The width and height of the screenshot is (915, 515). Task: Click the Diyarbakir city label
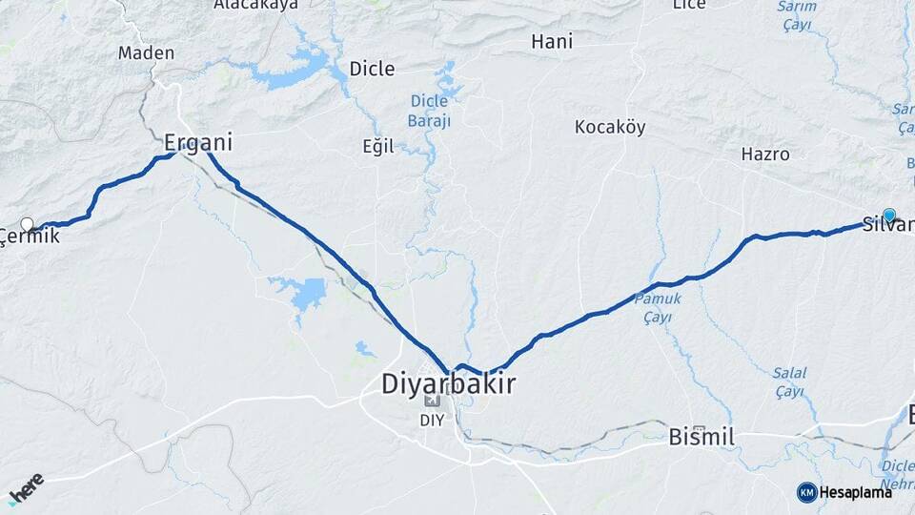click(448, 384)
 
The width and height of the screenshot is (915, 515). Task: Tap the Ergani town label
click(198, 143)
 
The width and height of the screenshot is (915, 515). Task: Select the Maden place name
click(146, 52)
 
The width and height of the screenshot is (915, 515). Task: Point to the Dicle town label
click(372, 68)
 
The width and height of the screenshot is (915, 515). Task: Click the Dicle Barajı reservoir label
click(430, 110)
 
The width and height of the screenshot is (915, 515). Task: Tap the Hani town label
click(551, 41)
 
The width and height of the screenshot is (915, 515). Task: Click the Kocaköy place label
click(610, 127)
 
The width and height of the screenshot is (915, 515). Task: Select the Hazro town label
click(765, 154)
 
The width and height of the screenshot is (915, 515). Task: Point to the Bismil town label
click(701, 438)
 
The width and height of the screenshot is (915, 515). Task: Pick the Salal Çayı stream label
click(789, 381)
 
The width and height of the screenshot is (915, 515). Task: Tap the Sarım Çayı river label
click(797, 14)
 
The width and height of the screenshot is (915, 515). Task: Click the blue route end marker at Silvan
click(889, 216)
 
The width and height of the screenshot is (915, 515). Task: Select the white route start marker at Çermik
click(27, 225)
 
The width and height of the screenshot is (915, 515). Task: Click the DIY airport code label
click(432, 419)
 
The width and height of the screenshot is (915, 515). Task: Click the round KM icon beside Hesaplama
click(806, 492)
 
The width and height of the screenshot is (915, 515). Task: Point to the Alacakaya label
click(255, 5)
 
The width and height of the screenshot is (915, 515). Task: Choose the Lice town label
click(689, 5)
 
